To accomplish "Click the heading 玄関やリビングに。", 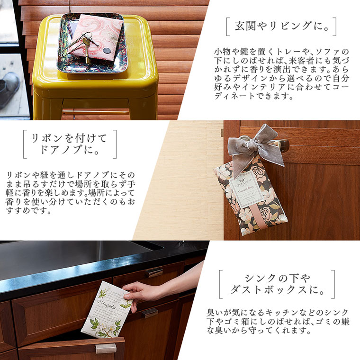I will pyautogui.click(x=281, y=27).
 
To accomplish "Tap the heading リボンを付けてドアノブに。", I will pyautogui.click(x=69, y=144).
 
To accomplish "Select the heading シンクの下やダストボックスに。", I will pyautogui.click(x=277, y=284).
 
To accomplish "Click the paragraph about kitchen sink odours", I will pyautogui.click(x=277, y=322).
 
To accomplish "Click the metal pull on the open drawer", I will pyautogui.click(x=106, y=348).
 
